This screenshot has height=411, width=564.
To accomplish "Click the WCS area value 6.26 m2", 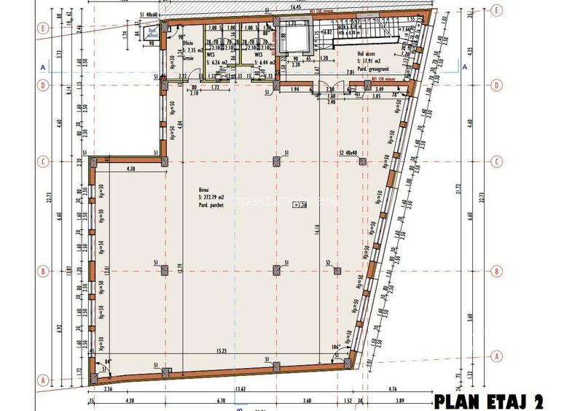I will point(219,61).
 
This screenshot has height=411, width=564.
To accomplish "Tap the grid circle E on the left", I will point(44,30).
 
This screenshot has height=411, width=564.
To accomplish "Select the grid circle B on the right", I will point(496,271).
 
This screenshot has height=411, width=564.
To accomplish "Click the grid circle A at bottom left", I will point(44,380).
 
